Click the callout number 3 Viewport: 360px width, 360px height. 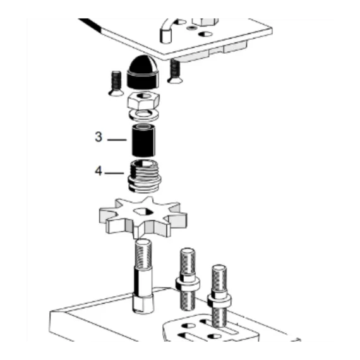tap(99, 137)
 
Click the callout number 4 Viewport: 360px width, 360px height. tap(99, 171)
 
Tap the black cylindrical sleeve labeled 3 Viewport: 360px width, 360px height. tap(143, 140)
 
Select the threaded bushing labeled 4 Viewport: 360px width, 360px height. tap(144, 176)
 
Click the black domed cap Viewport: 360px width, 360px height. tap(143, 72)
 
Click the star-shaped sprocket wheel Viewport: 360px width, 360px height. tap(143, 217)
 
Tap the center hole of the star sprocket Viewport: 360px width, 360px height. tap(143, 212)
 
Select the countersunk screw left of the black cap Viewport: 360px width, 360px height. tap(116, 83)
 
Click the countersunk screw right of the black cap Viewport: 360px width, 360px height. tap(175, 71)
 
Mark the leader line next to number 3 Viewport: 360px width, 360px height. tap(117, 140)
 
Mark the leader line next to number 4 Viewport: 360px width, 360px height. tap(114, 173)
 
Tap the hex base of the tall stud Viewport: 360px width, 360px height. tap(143, 304)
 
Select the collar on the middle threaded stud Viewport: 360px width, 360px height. tap(188, 284)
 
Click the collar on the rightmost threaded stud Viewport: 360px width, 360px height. tap(219, 300)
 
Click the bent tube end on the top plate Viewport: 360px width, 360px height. tap(165, 36)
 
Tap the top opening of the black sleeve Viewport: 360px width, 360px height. tap(144, 126)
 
